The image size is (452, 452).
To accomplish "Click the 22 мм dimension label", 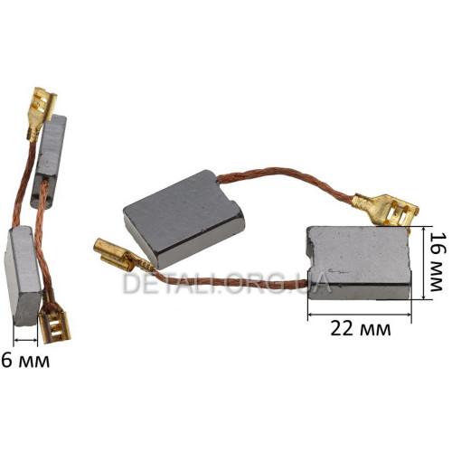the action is click(361, 329).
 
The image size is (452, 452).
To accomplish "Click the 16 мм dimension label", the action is click(437, 262).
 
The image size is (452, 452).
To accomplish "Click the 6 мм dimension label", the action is click(25, 360).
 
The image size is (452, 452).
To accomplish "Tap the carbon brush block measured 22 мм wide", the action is click(359, 263).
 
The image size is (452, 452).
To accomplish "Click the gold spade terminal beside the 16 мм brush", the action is click(386, 210).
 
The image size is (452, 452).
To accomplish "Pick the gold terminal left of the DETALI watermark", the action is click(118, 255).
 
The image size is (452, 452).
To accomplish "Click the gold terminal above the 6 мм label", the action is click(55, 319).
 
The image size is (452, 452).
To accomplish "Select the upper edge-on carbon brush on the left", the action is click(49, 161).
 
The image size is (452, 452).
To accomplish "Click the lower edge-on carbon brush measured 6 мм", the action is click(23, 277).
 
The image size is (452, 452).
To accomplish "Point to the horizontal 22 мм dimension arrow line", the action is click(360, 315).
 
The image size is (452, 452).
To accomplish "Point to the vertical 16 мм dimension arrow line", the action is click(424, 263).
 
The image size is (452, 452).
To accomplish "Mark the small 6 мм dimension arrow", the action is click(25, 340).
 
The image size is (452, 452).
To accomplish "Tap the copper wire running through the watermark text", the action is click(229, 282).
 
